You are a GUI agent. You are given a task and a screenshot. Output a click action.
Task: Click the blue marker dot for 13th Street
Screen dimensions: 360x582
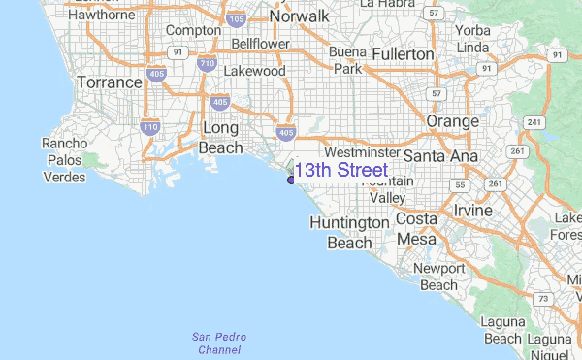[x=291, y=179]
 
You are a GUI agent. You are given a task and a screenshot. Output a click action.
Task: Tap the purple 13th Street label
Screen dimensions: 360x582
[x=340, y=171]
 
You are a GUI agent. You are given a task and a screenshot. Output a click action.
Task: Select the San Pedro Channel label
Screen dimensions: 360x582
[x=218, y=343]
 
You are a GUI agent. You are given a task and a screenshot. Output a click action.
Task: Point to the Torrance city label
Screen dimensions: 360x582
[x=109, y=82]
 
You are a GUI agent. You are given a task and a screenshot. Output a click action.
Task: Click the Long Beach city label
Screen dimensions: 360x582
[x=221, y=138]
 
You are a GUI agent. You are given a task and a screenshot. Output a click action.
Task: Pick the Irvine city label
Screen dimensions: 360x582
[x=472, y=211]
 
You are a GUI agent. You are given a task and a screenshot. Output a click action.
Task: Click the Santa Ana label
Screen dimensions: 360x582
[x=440, y=156]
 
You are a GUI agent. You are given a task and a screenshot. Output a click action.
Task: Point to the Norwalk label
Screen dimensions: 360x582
[x=300, y=16]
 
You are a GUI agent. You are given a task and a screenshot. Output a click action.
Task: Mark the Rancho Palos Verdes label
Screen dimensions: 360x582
[x=65, y=160]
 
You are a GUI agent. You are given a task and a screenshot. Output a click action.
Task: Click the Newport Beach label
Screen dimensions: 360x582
[x=438, y=277]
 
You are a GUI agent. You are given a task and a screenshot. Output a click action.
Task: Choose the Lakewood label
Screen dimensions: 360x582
[x=254, y=71]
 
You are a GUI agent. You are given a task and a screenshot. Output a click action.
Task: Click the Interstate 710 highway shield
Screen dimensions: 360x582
[x=205, y=64]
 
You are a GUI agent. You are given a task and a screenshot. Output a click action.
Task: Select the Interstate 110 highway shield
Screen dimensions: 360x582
[x=149, y=126]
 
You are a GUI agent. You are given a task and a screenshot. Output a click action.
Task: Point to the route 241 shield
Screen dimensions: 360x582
[x=532, y=122]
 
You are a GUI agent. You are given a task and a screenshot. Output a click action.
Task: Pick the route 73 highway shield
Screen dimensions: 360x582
[x=545, y=299]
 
